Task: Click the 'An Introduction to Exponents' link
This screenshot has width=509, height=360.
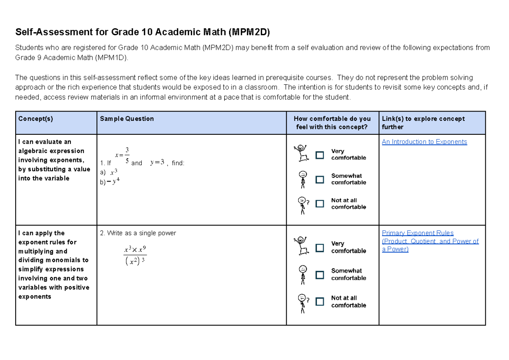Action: click(x=424, y=142)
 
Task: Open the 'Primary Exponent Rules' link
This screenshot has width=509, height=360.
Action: click(x=418, y=233)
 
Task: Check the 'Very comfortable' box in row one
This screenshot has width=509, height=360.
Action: click(x=320, y=155)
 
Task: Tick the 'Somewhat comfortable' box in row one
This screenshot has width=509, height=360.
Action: click(x=320, y=179)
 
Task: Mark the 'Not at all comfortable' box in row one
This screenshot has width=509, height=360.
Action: click(x=320, y=204)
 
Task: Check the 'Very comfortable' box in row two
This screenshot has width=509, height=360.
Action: click(x=320, y=247)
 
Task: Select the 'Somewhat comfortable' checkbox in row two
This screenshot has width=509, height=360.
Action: click(x=320, y=275)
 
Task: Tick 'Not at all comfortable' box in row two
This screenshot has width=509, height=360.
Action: click(x=320, y=301)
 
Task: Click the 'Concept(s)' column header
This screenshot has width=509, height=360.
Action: click(x=36, y=119)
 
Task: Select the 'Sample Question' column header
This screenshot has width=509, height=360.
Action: click(x=127, y=119)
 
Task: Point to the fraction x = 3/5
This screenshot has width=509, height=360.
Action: click(x=123, y=155)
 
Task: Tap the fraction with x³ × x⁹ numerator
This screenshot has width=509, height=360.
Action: click(x=135, y=255)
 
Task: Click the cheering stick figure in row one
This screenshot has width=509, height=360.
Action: click(x=301, y=153)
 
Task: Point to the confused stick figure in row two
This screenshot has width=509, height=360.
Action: click(x=302, y=303)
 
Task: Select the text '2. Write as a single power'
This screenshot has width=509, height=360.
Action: click(x=138, y=233)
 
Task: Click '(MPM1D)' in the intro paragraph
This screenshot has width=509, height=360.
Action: click(x=112, y=58)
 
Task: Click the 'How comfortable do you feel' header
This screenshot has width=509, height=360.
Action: click(x=332, y=123)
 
